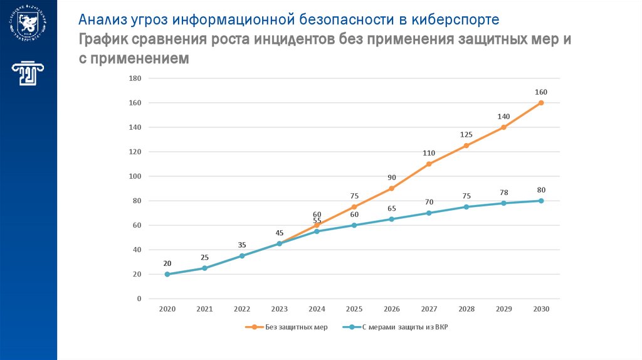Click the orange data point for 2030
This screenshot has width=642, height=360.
[541, 103]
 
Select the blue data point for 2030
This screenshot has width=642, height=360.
[541, 201]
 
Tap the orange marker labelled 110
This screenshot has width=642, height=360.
[429, 164]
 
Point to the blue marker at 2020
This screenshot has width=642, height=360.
[167, 274]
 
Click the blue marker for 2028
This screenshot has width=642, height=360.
[466, 207]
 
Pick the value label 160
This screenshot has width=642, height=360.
[541, 92]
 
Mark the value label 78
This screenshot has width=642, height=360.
[504, 193]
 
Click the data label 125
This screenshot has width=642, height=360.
[466, 135]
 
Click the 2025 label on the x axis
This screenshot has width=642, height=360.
[354, 309]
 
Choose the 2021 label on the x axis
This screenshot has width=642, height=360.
[204, 309]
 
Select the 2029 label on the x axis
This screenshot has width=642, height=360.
[504, 309]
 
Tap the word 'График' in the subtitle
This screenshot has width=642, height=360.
[105, 40]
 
